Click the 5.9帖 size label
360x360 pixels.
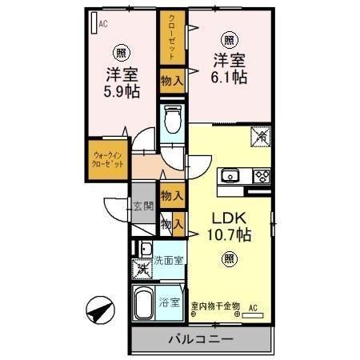(x=122, y=92)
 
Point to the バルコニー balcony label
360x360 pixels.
(x=200, y=339)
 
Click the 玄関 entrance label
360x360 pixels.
(x=144, y=206)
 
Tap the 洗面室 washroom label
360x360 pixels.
(x=169, y=260)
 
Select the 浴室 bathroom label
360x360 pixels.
(x=169, y=302)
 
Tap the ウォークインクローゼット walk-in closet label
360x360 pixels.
(x=107, y=158)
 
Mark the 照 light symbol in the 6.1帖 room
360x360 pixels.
(x=230, y=39)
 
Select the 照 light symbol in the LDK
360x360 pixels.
(x=230, y=258)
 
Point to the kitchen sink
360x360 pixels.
(x=231, y=175)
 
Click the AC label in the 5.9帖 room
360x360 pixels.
(x=103, y=25)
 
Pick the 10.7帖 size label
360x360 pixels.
(x=230, y=235)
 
